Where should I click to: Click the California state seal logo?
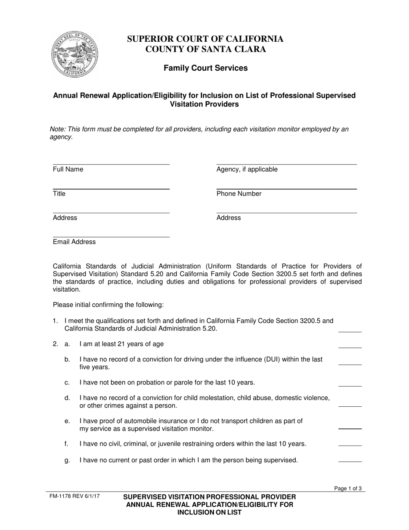(74, 54)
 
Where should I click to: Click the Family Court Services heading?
(205, 68)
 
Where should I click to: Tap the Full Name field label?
(68, 169)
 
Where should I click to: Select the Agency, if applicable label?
(247, 169)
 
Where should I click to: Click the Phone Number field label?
(239, 194)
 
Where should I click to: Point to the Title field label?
(59, 194)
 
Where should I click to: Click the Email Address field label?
(74, 242)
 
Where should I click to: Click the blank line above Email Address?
(111, 237)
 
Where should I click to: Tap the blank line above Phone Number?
(286, 189)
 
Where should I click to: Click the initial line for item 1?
(350, 332)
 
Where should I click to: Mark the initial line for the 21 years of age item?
(350, 347)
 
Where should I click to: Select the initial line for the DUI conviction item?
(350, 365)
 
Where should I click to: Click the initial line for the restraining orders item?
(350, 445)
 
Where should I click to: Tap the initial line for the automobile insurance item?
(350, 429)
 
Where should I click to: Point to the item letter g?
(67, 460)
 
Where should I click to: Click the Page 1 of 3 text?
(348, 488)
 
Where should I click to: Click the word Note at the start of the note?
(57, 129)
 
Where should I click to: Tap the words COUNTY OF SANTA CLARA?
(205, 49)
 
